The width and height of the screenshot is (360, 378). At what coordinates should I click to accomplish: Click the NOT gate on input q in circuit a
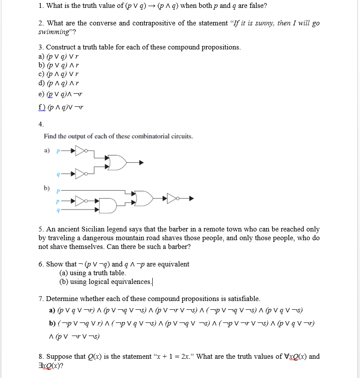coord(81,174)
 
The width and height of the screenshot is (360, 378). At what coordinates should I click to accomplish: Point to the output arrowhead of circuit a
coord(141,163)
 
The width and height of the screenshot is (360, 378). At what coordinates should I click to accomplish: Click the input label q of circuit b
coord(58,210)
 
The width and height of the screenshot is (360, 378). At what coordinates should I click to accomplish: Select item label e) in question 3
coord(42,94)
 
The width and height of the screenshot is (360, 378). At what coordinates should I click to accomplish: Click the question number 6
coord(41,264)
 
